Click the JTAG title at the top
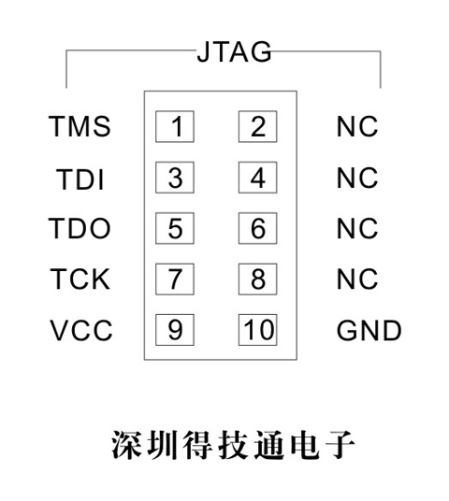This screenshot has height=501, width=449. pos(234,51)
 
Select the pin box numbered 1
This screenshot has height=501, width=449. pos(175,126)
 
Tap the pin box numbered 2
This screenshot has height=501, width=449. pos(258,126)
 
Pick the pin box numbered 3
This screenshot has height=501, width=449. pos(175,178)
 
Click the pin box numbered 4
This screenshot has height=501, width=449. pos(258,178)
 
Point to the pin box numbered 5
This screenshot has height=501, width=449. pos(175,228)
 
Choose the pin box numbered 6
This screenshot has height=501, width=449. pos(258,228)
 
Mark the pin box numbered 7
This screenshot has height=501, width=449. pos(175,279)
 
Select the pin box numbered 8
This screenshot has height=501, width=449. pos(258,279)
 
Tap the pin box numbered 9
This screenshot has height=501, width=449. pos(175,330)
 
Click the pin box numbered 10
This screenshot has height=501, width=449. pos(258,330)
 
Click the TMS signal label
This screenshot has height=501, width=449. pos(80,126)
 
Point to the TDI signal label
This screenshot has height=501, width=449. pos(80,179)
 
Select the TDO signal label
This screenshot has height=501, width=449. pos(80,228)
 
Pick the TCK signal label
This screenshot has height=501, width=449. pos(80,279)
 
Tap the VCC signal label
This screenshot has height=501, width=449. pos(81,330)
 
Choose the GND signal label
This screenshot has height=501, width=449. pos(369,330)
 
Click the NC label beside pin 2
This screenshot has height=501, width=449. pos(357,126)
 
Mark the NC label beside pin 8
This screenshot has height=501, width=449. pos(357,279)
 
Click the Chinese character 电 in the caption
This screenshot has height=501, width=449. pos(304,445)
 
